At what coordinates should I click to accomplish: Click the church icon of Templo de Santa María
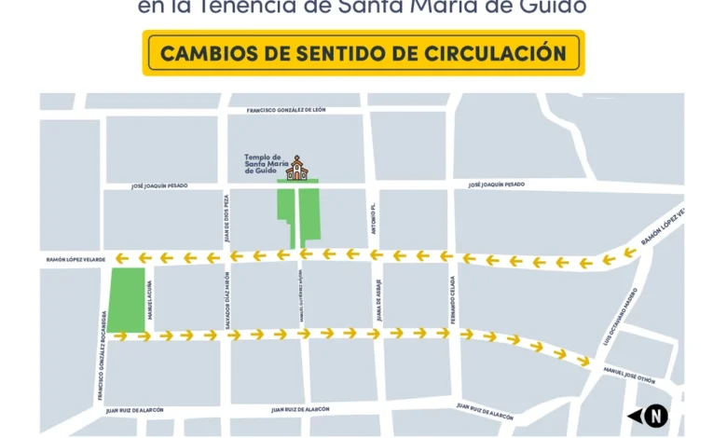(x=296, y=167)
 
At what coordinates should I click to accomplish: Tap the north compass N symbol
(x=656, y=416)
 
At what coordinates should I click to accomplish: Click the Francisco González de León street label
(x=286, y=110)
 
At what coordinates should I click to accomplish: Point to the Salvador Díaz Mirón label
(x=227, y=295)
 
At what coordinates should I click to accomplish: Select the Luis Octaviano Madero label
(x=620, y=317)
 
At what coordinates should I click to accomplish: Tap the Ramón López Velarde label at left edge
(x=75, y=259)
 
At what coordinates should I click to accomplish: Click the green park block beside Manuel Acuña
(x=128, y=298)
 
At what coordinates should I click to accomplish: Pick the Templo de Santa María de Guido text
(x=264, y=164)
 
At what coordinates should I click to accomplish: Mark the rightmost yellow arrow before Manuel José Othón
(x=583, y=360)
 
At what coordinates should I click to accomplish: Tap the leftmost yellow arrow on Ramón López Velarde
(x=120, y=258)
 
